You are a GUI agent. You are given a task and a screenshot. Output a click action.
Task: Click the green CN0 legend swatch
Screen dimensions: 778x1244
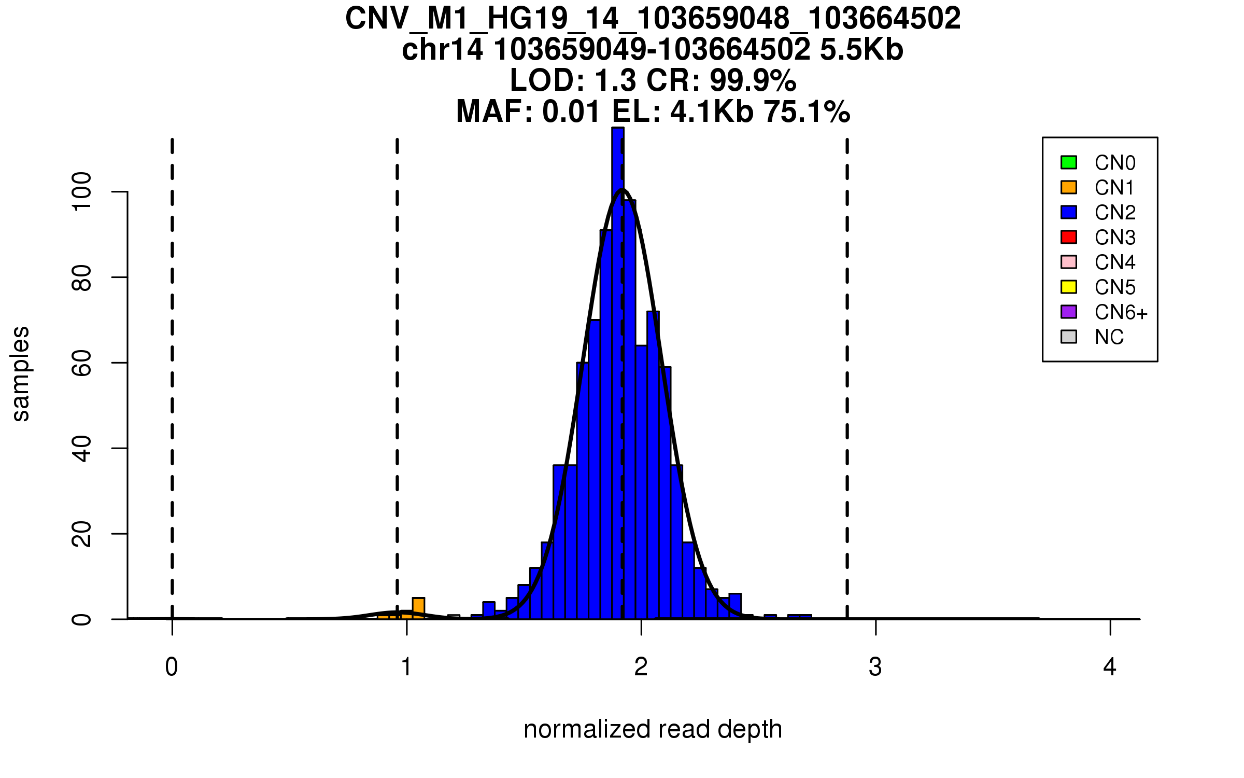click(1069, 162)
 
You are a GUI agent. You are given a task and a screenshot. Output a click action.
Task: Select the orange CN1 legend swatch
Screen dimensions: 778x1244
click(1069, 187)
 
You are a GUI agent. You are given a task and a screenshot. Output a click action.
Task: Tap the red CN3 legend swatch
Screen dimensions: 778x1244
click(1069, 237)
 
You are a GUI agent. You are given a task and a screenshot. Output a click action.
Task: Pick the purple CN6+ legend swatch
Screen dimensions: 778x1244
click(1069, 312)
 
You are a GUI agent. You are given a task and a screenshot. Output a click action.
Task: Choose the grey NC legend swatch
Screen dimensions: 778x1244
click(1069, 337)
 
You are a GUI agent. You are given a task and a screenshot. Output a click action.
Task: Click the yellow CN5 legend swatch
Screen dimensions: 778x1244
click(1069, 287)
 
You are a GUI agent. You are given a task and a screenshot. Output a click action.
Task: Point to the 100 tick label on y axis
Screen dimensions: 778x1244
click(82, 192)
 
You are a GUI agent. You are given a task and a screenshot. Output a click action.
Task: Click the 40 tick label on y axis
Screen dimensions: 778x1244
click(82, 449)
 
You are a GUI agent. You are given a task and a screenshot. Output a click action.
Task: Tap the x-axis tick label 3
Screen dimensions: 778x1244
click(875, 667)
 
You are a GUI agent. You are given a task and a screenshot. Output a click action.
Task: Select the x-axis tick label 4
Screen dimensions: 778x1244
click(1110, 667)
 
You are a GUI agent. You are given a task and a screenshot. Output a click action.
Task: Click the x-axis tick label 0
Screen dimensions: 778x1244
click(172, 667)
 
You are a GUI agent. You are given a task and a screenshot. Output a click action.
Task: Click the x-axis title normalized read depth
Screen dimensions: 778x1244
click(653, 729)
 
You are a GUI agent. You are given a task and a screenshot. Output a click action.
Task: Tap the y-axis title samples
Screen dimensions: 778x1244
click(21, 374)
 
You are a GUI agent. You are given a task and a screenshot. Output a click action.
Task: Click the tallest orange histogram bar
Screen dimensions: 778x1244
click(418, 608)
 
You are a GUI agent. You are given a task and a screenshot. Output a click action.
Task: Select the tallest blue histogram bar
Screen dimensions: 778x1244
click(618, 373)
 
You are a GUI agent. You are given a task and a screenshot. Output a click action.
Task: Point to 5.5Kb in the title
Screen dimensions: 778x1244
click(861, 50)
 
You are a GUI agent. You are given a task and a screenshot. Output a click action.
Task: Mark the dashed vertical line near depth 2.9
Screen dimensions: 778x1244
click(847, 379)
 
